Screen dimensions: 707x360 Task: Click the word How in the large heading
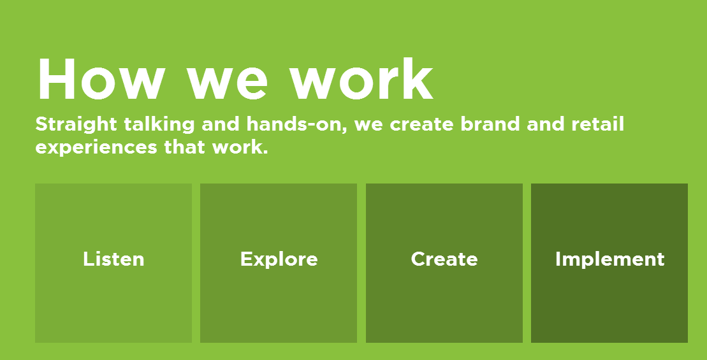tap(100, 78)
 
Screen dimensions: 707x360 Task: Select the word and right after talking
tap(221, 124)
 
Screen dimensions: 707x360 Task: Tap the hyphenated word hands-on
tap(296, 125)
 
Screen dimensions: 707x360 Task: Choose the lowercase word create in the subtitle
tap(421, 126)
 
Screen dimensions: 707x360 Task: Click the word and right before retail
tap(545, 124)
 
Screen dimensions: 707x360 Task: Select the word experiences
tap(96, 148)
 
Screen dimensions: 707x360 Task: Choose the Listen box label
tap(113, 259)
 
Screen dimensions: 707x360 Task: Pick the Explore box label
tap(279, 259)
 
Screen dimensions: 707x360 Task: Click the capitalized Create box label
tap(444, 259)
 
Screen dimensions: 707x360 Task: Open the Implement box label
tap(609, 259)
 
